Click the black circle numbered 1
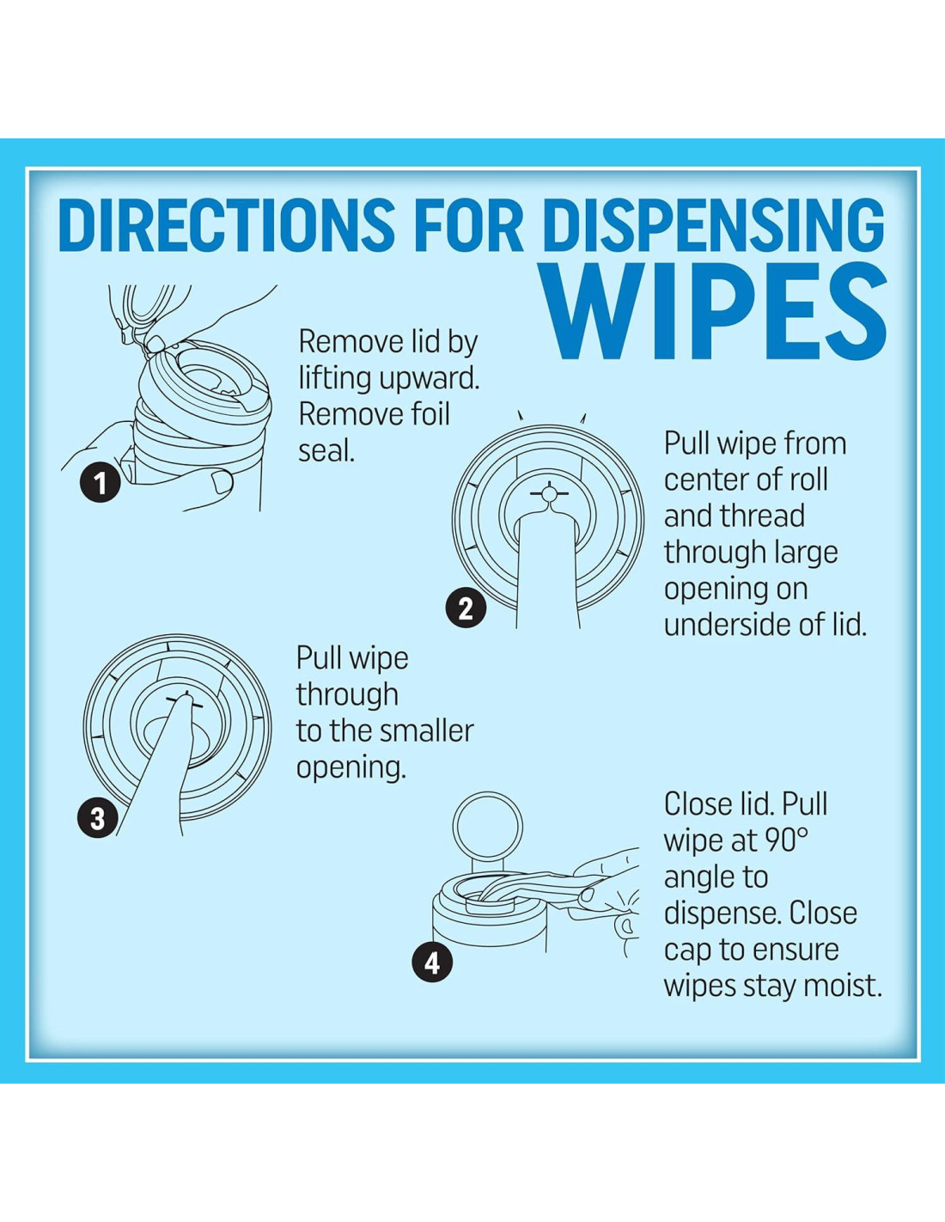click(x=100, y=482)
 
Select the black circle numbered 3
click(x=98, y=817)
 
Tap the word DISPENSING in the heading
click(x=714, y=224)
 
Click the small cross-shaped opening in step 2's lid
click(x=549, y=493)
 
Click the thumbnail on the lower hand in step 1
click(x=223, y=481)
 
